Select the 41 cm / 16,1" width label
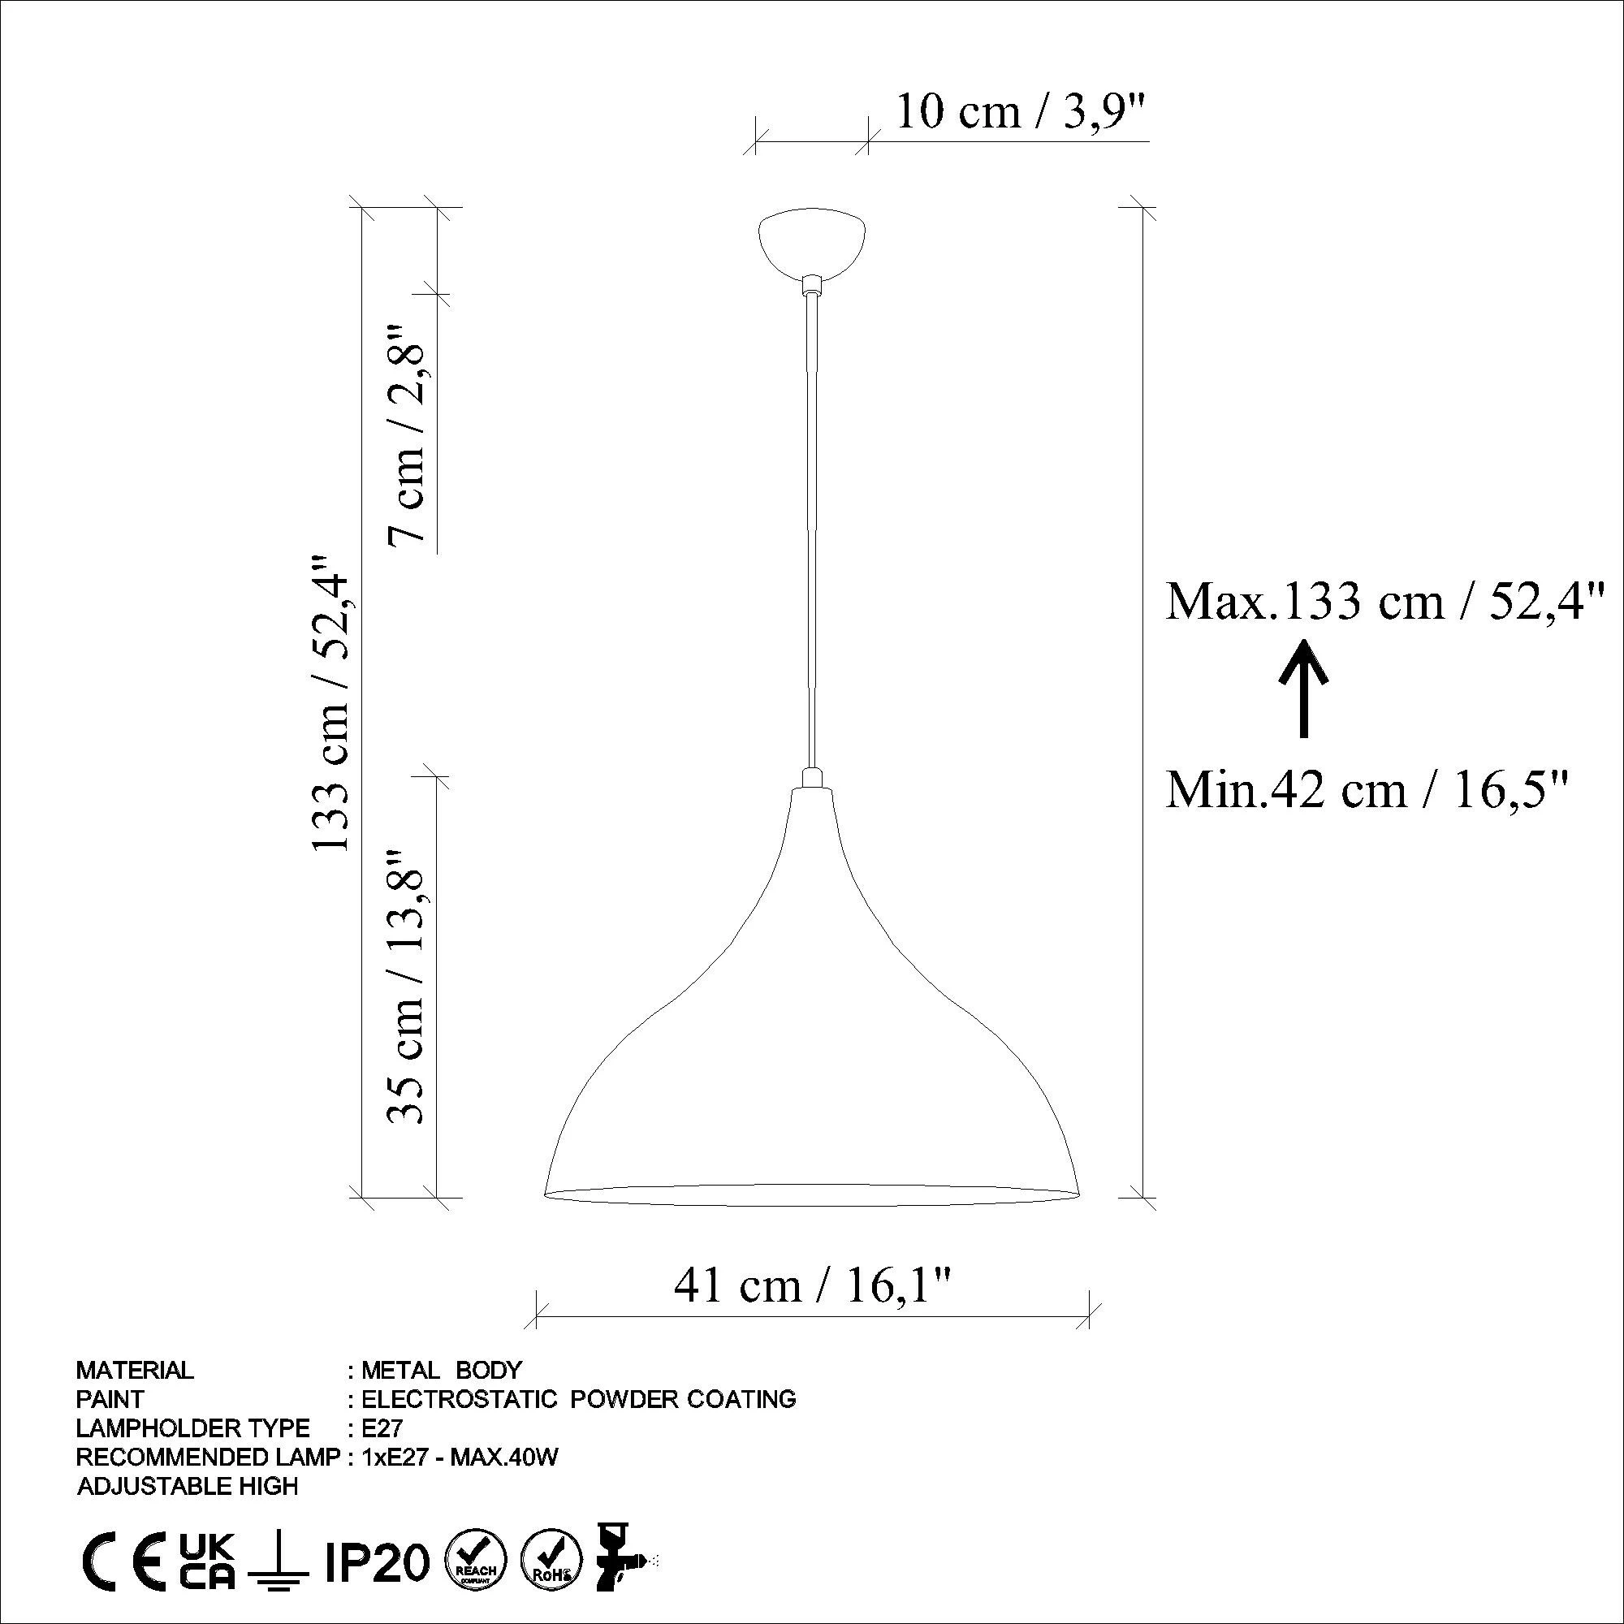click(813, 1285)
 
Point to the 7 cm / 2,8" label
click(408, 434)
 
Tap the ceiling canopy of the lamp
click(812, 243)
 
